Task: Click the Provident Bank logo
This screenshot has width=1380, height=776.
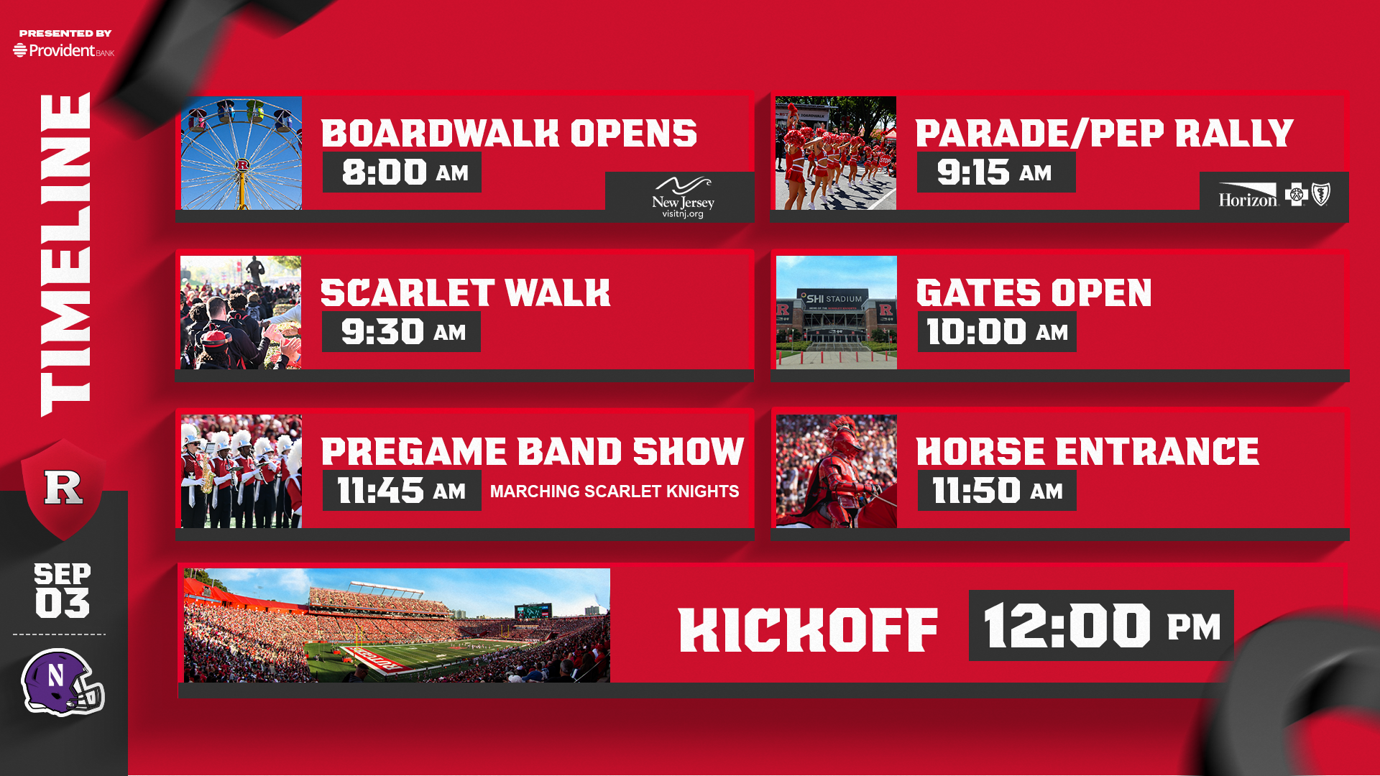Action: click(x=64, y=50)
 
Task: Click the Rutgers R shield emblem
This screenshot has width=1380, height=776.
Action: click(x=63, y=489)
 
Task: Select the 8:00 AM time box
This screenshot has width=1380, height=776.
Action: click(x=402, y=172)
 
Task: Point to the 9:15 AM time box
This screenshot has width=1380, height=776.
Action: click(x=996, y=172)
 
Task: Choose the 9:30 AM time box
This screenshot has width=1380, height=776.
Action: click(x=401, y=332)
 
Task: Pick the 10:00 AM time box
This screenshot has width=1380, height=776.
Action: click(x=997, y=332)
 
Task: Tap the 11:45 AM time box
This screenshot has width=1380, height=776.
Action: click(x=402, y=491)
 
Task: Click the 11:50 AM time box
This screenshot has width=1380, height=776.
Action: click(x=997, y=491)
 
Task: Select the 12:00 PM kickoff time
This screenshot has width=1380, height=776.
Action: click(x=1101, y=625)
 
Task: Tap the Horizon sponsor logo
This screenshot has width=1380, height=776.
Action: click(x=1274, y=195)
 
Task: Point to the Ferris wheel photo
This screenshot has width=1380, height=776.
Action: click(x=241, y=153)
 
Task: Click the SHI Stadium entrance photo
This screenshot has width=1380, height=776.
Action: click(x=837, y=313)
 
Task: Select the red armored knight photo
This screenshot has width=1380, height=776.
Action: click(x=837, y=471)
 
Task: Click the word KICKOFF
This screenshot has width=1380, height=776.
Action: click(x=809, y=630)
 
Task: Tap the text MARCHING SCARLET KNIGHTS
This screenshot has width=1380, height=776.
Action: click(x=615, y=491)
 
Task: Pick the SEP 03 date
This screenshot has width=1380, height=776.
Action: click(x=63, y=590)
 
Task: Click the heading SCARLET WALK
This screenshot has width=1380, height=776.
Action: click(x=465, y=293)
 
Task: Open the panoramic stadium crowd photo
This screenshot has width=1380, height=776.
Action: click(x=397, y=626)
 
